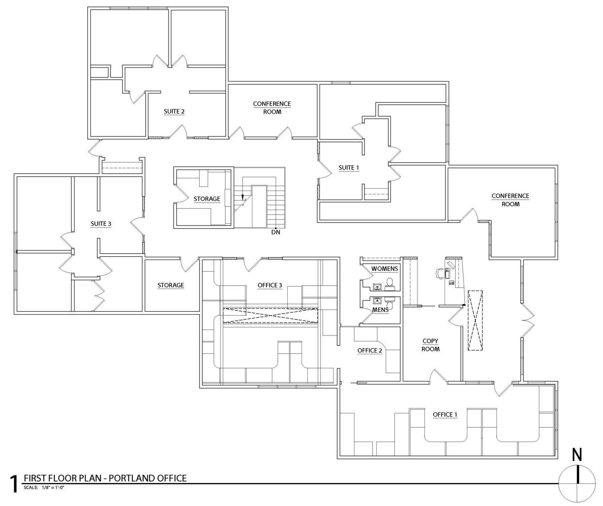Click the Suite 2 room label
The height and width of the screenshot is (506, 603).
(174, 111)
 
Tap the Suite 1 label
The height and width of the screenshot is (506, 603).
(349, 168)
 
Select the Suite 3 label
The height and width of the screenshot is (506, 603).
(101, 224)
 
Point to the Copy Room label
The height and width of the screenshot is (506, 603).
(431, 345)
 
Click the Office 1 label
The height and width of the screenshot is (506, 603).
(445, 415)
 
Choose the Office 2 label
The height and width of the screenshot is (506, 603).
(370, 350)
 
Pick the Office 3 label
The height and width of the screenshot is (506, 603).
(270, 285)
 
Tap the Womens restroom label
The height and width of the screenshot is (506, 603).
(385, 269)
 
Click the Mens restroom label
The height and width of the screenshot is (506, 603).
(380, 309)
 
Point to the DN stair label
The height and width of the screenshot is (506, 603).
(276, 232)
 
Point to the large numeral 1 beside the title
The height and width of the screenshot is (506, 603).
(14, 484)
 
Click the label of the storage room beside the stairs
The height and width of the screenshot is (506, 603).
(207, 199)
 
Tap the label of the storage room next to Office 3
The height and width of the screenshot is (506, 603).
(171, 285)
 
